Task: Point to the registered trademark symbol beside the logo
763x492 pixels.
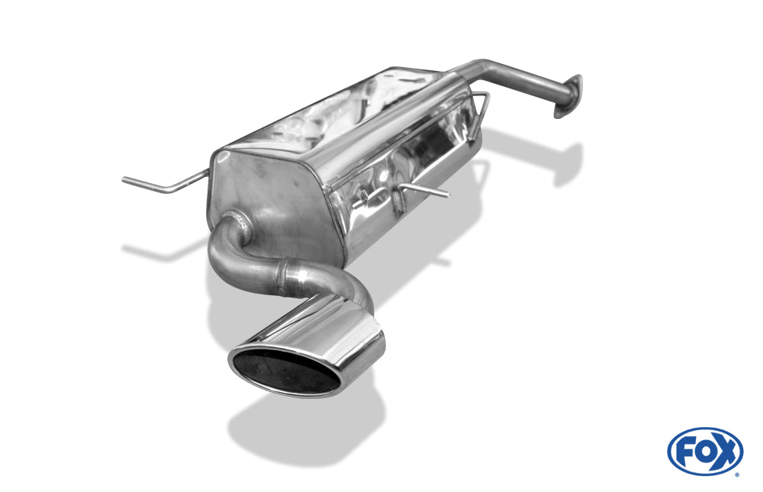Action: coord(738,474)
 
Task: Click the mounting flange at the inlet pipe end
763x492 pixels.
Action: coord(568,96)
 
